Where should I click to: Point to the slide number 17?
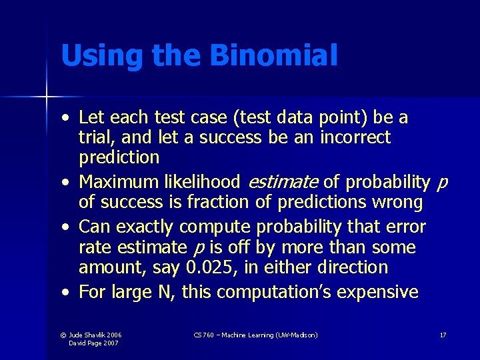pyautogui.click(x=443, y=335)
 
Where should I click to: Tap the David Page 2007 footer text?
pyautogui.click(x=95, y=343)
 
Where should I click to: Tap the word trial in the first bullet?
pyautogui.click(x=95, y=138)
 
